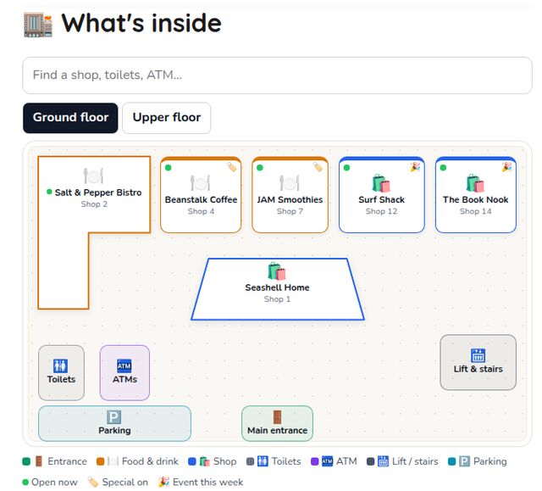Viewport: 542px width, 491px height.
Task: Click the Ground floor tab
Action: [70, 118]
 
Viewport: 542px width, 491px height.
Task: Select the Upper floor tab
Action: [167, 118]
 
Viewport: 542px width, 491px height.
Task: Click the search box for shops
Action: [277, 75]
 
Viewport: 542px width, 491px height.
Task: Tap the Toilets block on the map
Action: [61, 372]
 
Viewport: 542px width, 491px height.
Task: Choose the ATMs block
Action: [124, 372]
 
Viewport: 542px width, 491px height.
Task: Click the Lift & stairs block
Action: [478, 362]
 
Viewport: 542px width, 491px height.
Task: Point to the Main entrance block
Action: [277, 423]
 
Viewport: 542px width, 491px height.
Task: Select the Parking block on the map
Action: [114, 423]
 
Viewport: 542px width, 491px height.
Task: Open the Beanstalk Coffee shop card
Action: [201, 195]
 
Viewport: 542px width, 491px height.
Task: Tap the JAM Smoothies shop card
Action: [290, 195]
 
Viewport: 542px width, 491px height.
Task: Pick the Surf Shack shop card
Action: [382, 195]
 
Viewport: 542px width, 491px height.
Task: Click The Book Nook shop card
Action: [476, 195]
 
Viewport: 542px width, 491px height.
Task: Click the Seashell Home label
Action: [277, 287]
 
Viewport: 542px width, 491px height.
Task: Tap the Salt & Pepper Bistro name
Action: [98, 192]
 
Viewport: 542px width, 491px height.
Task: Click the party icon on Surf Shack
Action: [415, 167]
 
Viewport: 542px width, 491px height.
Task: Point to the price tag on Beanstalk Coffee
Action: [232, 167]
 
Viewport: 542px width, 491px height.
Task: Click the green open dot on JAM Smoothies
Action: [260, 168]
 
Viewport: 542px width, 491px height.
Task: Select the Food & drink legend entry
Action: [137, 461]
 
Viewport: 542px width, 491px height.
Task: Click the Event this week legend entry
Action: [201, 482]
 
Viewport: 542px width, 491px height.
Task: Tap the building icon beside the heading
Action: [38, 25]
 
